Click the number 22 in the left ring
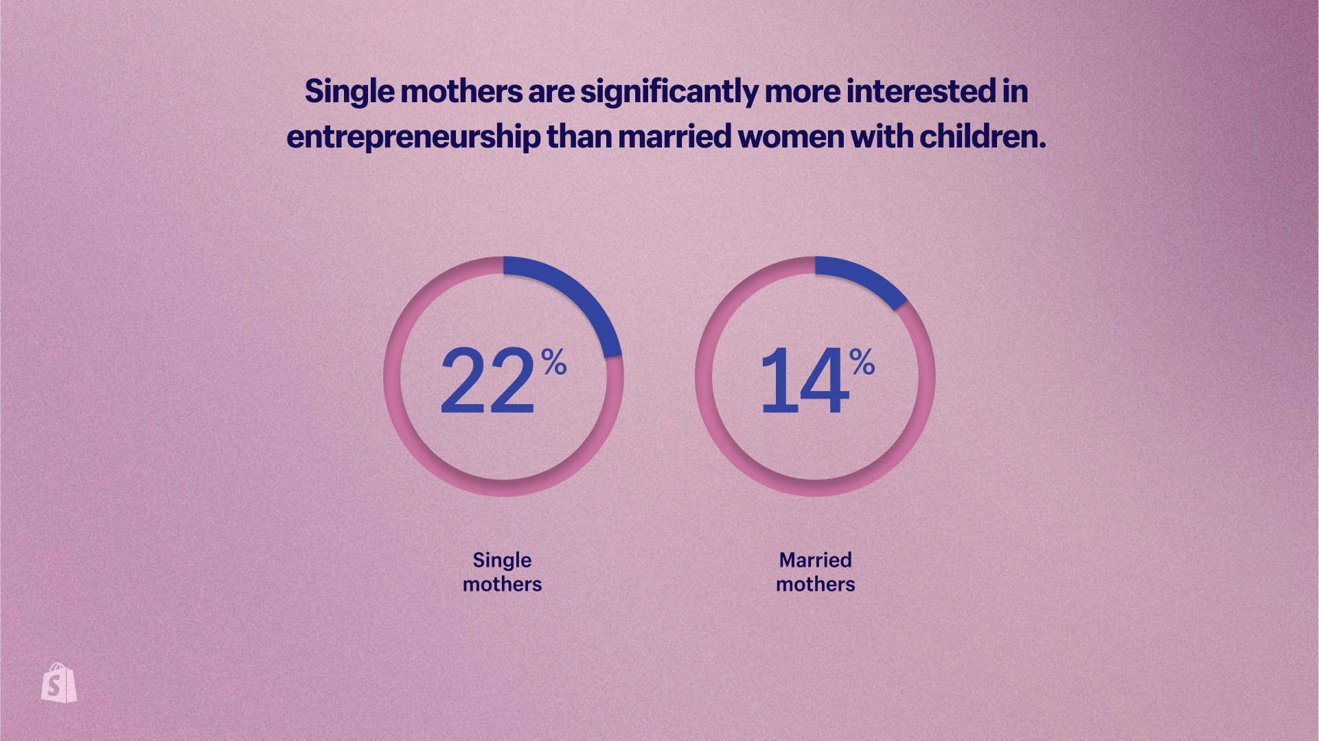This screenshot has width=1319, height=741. [487, 381]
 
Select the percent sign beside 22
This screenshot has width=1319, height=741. [553, 362]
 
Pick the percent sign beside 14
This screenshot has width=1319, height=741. [862, 362]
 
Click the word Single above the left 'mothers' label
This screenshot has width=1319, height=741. [502, 561]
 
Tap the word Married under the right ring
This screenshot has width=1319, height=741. [815, 560]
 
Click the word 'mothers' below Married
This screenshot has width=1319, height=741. [815, 584]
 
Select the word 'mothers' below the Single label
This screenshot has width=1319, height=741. [502, 584]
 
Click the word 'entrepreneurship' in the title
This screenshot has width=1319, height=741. [413, 137]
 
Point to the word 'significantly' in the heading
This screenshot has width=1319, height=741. [669, 93]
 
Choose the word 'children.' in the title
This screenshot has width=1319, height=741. [983, 136]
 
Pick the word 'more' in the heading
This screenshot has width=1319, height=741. [802, 92]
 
